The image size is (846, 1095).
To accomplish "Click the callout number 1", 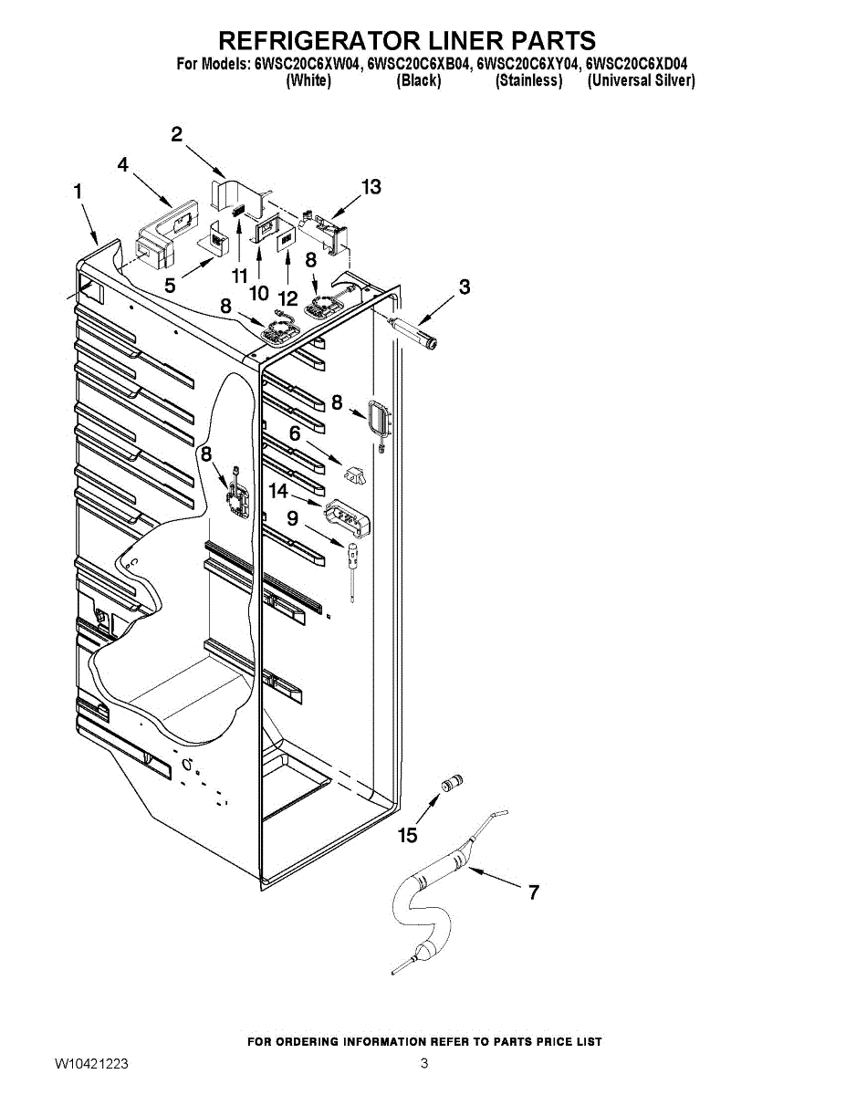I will click(x=78, y=192).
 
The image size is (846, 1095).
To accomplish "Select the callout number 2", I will click(x=177, y=134).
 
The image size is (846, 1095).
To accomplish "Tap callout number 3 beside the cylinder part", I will click(x=465, y=287).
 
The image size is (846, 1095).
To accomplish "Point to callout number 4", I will click(x=123, y=164).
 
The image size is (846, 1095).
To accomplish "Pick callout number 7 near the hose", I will click(x=534, y=892).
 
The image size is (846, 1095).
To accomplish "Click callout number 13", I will click(x=371, y=187).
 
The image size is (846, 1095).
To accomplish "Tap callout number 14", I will click(x=278, y=491).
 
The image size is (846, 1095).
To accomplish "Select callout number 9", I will click(x=292, y=518).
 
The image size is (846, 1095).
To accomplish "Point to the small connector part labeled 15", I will click(x=452, y=783).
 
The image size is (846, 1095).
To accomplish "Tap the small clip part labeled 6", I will click(x=355, y=474).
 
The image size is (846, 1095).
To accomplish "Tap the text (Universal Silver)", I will click(x=642, y=80).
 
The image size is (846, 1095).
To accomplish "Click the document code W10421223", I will click(x=91, y=1064).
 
